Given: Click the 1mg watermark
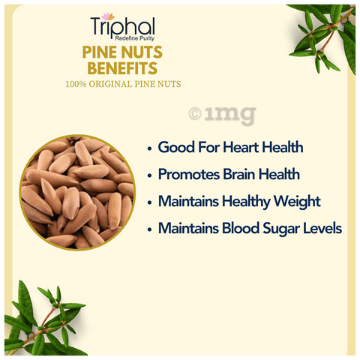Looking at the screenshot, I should (x=222, y=115).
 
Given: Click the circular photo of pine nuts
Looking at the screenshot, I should (x=77, y=193).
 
